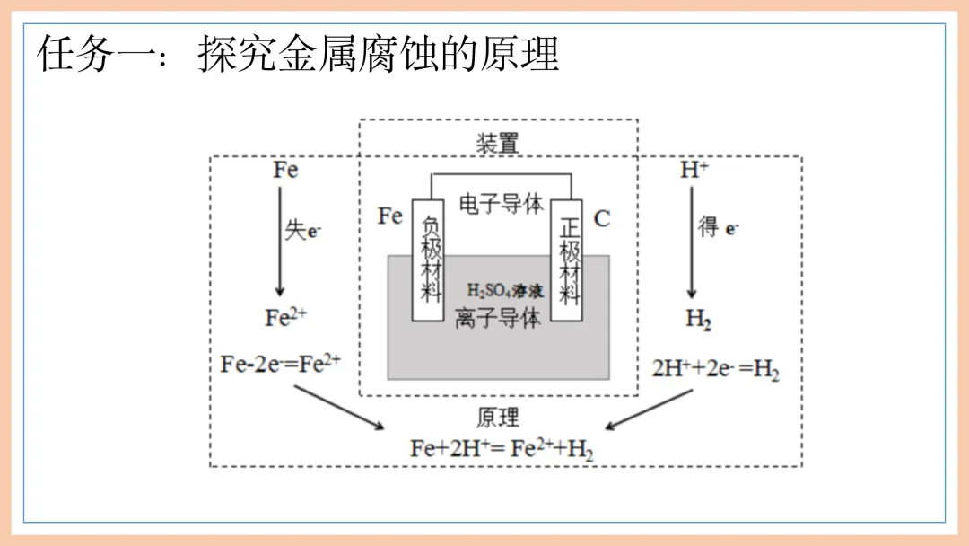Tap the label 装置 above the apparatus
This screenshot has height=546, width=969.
click(x=498, y=142)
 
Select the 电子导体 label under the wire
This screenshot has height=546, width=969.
click(x=501, y=204)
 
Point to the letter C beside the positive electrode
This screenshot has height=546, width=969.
click(x=602, y=218)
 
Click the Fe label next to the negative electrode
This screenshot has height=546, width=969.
click(x=389, y=216)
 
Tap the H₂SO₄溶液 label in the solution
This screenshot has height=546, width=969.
click(x=505, y=290)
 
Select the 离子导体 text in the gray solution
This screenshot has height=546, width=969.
click(x=498, y=318)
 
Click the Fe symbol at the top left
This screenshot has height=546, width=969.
click(x=285, y=170)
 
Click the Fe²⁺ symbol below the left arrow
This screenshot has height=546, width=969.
click(x=286, y=318)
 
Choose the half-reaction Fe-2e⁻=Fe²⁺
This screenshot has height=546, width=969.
click(x=281, y=365)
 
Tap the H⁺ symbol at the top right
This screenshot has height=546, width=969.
click(x=693, y=170)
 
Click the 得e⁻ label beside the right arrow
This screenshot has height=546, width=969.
click(x=719, y=228)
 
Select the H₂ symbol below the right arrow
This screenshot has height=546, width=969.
click(x=698, y=319)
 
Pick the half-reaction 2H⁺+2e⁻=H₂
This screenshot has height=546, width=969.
click(x=715, y=368)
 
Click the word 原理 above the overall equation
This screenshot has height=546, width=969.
click(x=498, y=418)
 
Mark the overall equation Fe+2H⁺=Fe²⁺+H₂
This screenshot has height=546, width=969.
click(x=502, y=449)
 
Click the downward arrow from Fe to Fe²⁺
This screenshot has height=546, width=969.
click(x=280, y=242)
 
